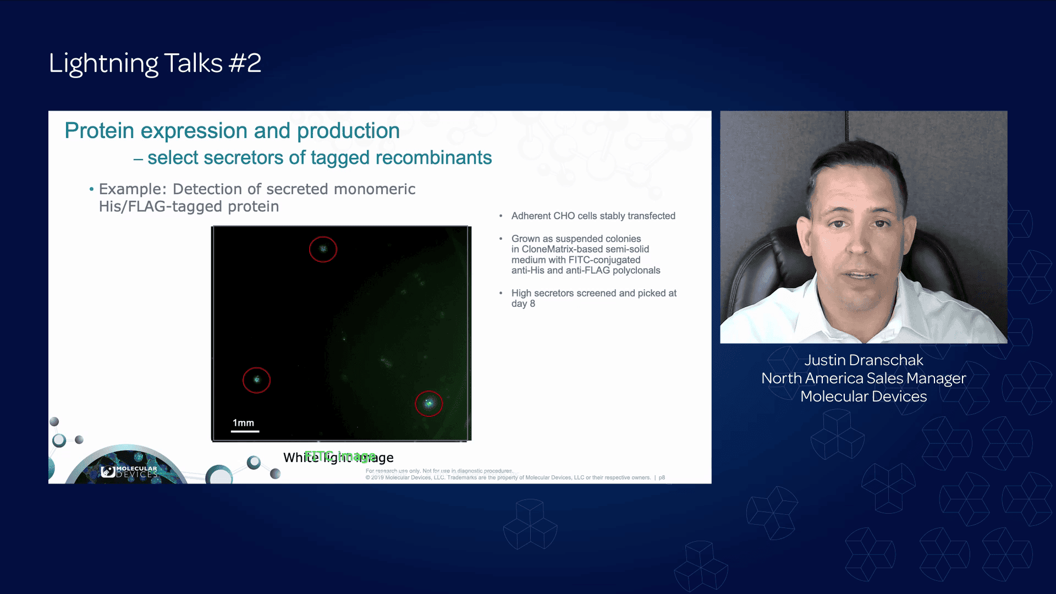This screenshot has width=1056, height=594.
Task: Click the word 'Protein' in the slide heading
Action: tap(99, 131)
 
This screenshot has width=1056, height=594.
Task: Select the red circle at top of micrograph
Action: tap(323, 249)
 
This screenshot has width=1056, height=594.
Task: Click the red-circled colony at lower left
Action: tap(256, 380)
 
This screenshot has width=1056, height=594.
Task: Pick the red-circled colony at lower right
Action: tap(428, 404)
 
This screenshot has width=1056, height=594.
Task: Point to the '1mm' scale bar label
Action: tap(243, 423)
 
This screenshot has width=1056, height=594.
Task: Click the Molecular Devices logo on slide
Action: tap(129, 472)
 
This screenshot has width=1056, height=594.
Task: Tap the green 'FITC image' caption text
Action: tap(339, 456)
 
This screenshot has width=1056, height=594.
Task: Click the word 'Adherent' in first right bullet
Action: tap(531, 216)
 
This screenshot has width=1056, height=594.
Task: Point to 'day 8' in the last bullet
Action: tap(522, 304)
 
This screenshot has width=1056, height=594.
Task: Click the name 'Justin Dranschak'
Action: tap(864, 360)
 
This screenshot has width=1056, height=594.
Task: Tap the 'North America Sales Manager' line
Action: tap(864, 378)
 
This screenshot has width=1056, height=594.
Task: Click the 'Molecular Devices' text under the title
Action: tap(864, 397)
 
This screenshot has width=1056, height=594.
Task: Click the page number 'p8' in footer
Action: tap(662, 477)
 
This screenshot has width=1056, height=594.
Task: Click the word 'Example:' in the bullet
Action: tap(132, 189)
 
